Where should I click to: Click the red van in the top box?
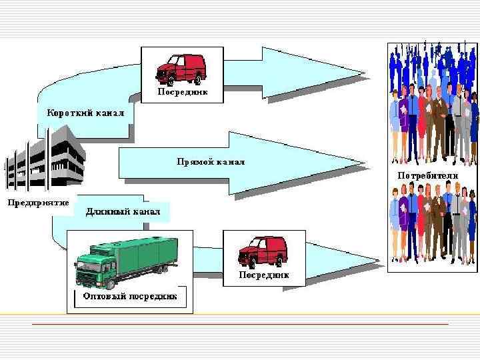181,67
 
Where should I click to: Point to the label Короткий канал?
85,113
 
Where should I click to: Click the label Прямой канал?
211,162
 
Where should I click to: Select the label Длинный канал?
123,212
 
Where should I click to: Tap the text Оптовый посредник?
129,296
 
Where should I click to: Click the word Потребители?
428,175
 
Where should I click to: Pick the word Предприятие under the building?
39,203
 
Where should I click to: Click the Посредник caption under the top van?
182,92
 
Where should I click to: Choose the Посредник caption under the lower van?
263,274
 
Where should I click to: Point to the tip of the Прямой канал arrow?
366,163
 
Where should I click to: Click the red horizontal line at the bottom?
240,324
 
